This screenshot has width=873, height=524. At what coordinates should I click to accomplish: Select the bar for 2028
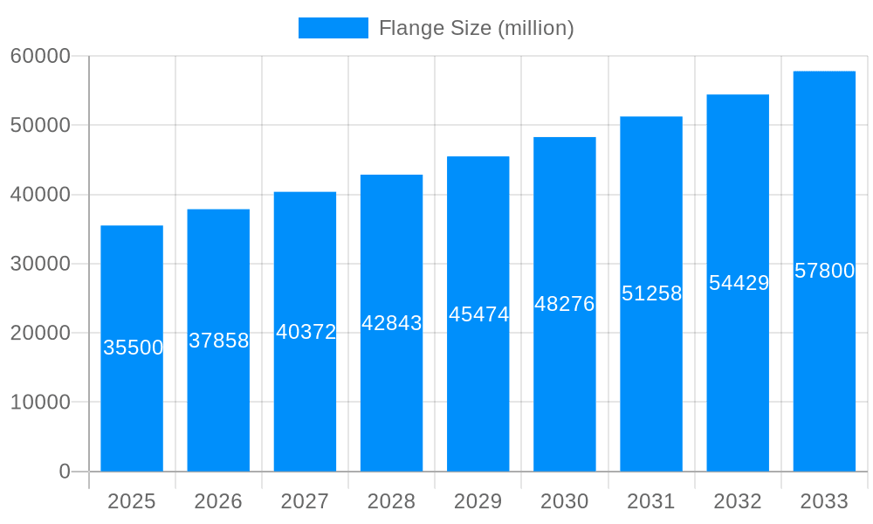click(391, 393)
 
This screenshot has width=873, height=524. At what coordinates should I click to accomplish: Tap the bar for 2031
click(651, 384)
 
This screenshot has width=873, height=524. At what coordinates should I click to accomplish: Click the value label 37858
click(219, 341)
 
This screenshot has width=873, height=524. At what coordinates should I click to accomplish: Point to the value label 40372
click(306, 332)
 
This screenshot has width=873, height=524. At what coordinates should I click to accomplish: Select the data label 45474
click(478, 314)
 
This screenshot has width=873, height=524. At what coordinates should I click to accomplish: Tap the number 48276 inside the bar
click(565, 304)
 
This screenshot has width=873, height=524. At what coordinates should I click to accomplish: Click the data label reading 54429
click(739, 283)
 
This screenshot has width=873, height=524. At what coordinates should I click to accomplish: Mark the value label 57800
click(824, 271)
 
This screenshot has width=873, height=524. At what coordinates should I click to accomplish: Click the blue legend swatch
click(333, 28)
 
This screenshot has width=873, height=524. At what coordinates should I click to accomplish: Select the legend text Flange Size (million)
click(476, 28)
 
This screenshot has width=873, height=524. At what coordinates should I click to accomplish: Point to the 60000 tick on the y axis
click(40, 56)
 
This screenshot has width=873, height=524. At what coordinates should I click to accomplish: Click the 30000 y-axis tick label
click(40, 264)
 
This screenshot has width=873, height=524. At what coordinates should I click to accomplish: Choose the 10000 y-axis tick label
click(40, 403)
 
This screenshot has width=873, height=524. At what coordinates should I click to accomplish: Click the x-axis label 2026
click(218, 501)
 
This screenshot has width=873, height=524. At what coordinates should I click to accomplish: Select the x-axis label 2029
click(478, 501)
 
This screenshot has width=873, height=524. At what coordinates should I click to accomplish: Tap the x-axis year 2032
click(738, 501)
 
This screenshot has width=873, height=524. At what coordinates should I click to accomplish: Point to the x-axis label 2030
click(565, 501)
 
